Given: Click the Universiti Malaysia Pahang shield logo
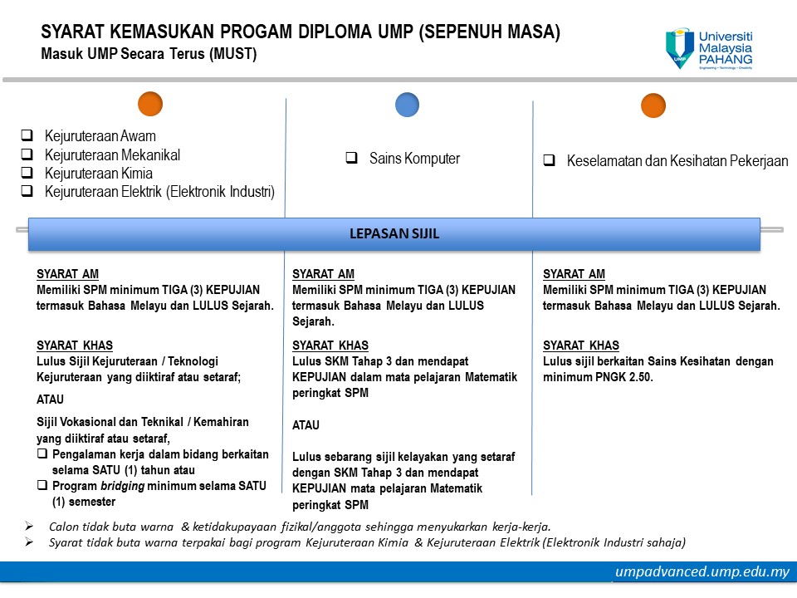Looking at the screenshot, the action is tap(680, 48).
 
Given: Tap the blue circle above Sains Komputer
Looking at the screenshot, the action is tap(407, 105).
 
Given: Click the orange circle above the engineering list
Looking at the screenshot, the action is tap(150, 105).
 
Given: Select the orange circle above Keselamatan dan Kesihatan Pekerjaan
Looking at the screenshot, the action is tap(653, 105).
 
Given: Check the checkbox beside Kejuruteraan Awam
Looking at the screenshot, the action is tap(27, 135).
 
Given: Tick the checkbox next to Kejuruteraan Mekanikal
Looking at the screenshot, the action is tap(27, 154).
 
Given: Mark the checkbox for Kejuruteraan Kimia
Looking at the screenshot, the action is tap(27, 173).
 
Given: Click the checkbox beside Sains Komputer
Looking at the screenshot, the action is tap(351, 158).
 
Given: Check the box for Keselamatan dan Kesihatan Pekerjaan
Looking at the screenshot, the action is tap(549, 160).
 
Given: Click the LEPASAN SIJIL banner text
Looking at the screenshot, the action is tap(394, 234).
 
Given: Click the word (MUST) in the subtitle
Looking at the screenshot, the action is tap(233, 54).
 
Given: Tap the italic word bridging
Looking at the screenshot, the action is tap(123, 486).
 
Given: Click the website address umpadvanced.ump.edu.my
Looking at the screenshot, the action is tap(702, 571).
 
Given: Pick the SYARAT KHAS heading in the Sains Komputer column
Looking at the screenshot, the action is tap(330, 346).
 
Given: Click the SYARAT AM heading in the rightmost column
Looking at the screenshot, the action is tap(574, 274).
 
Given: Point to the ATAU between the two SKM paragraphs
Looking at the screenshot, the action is tap(306, 425).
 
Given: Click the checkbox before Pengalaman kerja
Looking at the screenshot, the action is tap(42, 453).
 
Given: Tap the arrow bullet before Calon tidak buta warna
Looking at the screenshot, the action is tap(29, 527).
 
